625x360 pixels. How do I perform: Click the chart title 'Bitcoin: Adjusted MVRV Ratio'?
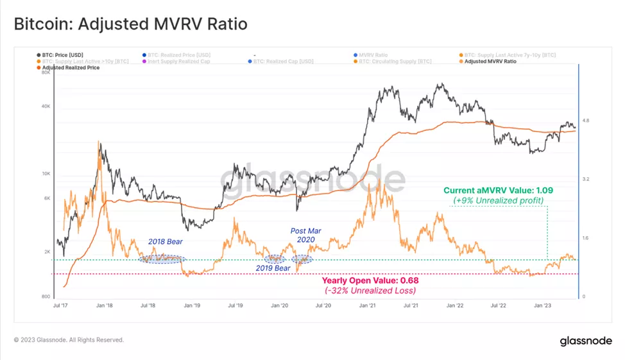(x=130, y=24)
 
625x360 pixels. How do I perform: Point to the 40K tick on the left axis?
(x=46, y=107)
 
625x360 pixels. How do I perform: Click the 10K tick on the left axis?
(x=46, y=173)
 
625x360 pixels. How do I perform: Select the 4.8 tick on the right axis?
(x=585, y=121)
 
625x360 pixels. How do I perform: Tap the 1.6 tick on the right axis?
(x=585, y=239)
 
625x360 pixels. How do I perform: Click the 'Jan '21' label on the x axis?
(x=367, y=306)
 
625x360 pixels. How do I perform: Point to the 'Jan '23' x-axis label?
(x=542, y=306)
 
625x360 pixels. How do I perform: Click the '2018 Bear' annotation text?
(x=165, y=242)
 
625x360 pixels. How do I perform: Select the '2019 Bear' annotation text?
(x=274, y=268)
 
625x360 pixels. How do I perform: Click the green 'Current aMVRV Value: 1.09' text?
(x=498, y=191)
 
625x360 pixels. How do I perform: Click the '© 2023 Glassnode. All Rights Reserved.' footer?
(x=69, y=340)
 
